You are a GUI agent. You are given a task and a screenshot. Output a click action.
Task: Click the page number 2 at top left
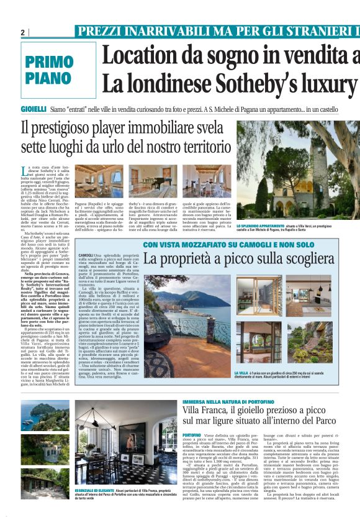click(x=22, y=32)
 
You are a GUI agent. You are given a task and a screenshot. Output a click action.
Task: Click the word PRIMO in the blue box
click(x=50, y=62)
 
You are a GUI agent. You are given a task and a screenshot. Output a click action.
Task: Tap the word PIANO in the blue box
click(x=50, y=78)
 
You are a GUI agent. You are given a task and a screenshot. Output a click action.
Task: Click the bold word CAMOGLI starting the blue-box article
click(x=87, y=255)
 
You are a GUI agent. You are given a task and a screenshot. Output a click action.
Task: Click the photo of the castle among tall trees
click(x=298, y=171)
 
